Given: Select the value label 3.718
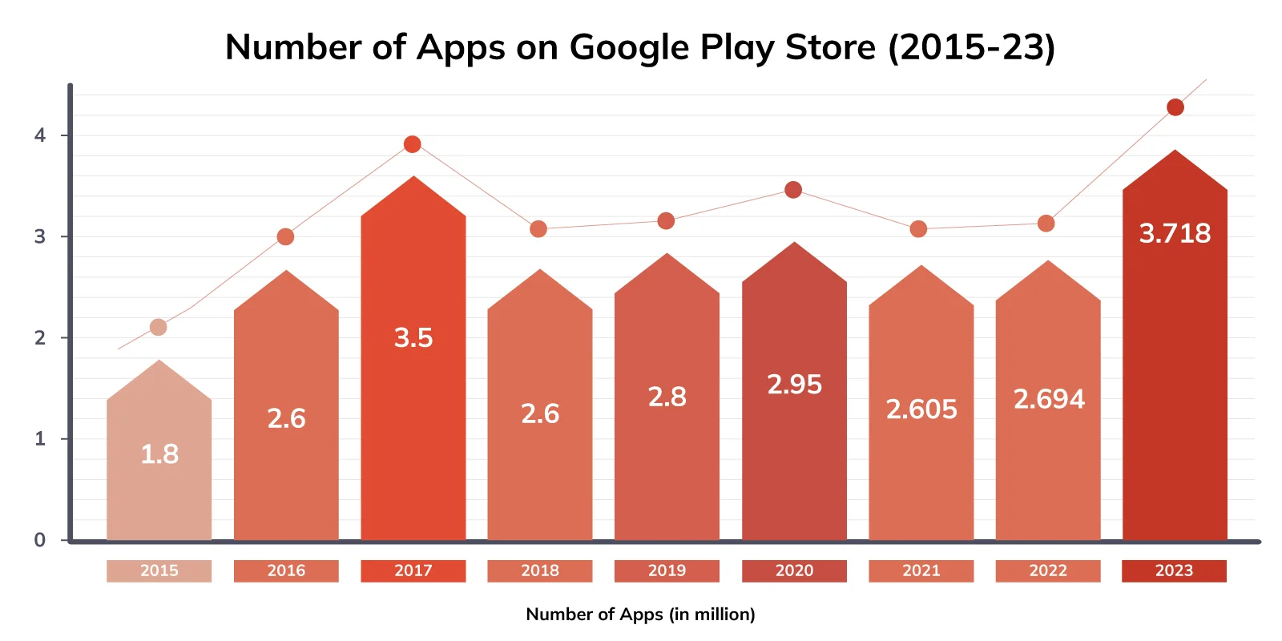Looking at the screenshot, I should [x=1175, y=233].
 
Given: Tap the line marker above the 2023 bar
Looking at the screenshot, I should [x=1175, y=107].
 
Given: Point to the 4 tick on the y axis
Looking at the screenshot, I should [x=40, y=135].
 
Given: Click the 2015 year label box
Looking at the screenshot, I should [x=159, y=570].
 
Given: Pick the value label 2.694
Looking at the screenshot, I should [x=1048, y=399].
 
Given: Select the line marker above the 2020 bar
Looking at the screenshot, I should [x=793, y=190].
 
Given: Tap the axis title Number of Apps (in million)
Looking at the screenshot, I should [x=640, y=615].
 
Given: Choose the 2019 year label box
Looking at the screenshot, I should [x=667, y=570].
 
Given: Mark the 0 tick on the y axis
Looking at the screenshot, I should [x=40, y=540].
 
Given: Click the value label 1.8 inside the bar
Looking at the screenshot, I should [x=159, y=454].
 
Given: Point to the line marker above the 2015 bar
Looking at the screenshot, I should [x=159, y=327].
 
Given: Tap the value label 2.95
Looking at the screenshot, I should [x=794, y=385].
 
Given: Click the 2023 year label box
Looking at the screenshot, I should [x=1174, y=570].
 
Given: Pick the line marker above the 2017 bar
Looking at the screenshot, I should [x=412, y=144].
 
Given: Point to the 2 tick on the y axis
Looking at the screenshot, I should [x=40, y=338].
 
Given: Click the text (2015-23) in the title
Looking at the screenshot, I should [x=971, y=47].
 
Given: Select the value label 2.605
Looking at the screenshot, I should [x=921, y=409].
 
